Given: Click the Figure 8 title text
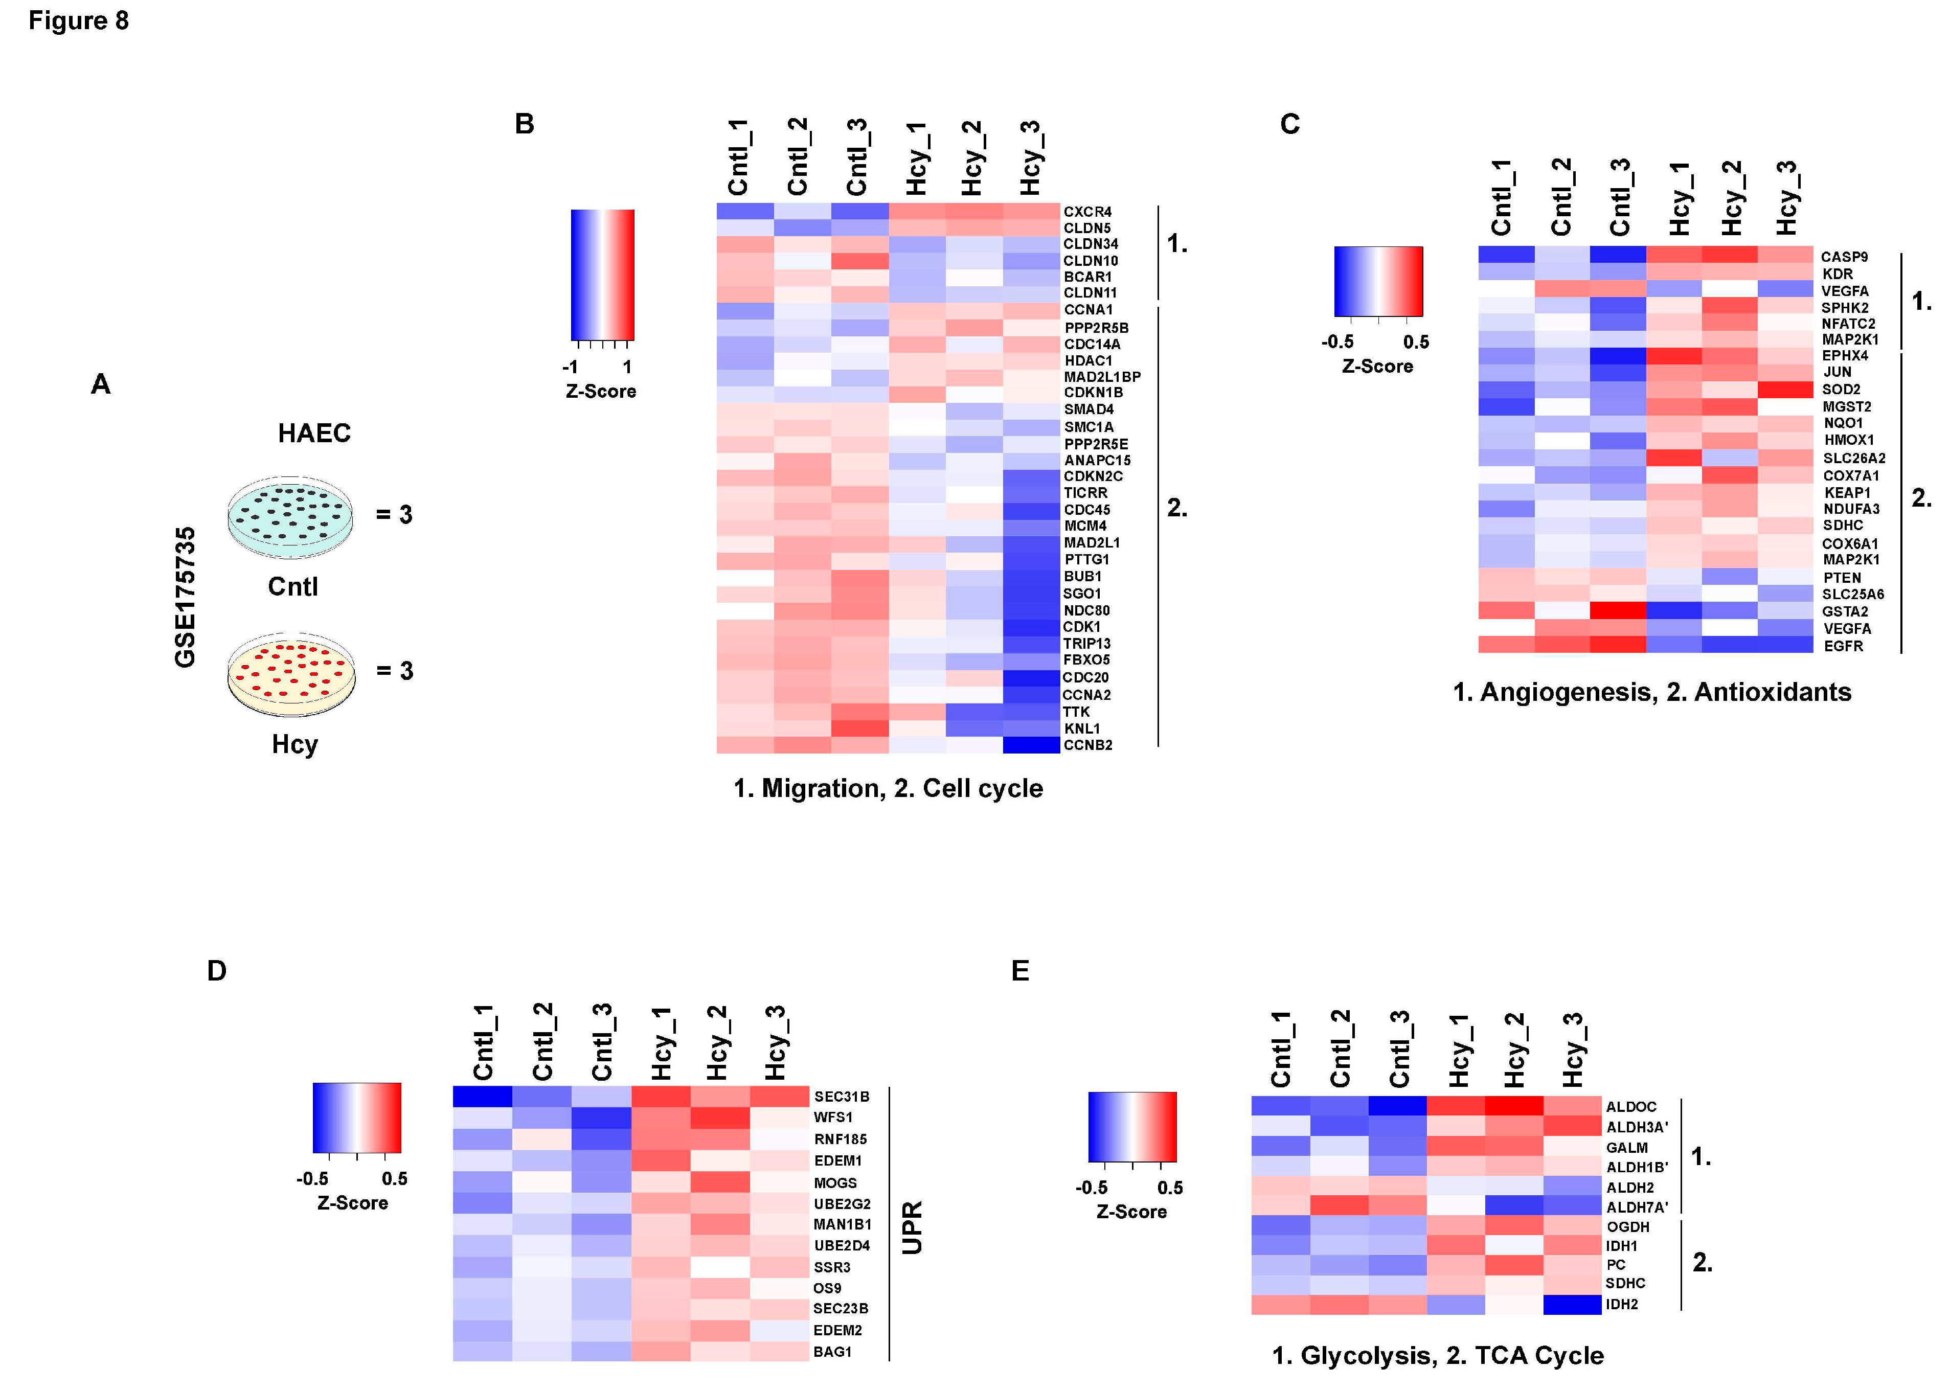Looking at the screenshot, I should click(x=79, y=20).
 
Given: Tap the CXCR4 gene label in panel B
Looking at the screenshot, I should click(x=1087, y=212).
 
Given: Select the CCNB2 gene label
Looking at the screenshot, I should click(x=1087, y=745).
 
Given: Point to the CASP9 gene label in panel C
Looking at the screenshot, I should click(x=1844, y=257).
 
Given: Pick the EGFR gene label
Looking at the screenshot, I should click(x=1843, y=646).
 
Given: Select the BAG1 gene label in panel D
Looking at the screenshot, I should click(x=832, y=1352).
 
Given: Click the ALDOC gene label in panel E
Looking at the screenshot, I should click(x=1630, y=1107).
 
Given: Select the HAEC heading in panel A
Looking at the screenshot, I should click(x=314, y=433).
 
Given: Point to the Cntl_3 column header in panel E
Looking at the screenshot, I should click(x=1399, y=1049).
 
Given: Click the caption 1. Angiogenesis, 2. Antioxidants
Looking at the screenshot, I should click(x=1651, y=692).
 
